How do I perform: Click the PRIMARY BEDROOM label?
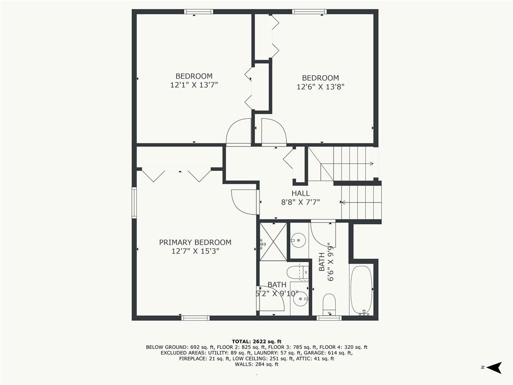[195, 242]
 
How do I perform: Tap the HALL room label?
[301, 193]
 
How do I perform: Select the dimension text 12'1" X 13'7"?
[194, 85]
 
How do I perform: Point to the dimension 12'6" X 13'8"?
[320, 87]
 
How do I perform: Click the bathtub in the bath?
[361, 290]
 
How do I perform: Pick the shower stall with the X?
[273, 242]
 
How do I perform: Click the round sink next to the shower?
[298, 241]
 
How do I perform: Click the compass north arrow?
[494, 367]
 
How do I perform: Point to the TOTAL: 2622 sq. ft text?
[256, 341]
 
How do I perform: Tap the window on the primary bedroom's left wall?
[134, 203]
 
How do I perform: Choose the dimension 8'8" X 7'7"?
[301, 202]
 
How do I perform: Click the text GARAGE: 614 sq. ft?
[328, 353]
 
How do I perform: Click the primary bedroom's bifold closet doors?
[177, 175]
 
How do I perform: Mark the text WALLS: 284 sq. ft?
[256, 364]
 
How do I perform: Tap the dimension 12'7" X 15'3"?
[195, 251]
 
